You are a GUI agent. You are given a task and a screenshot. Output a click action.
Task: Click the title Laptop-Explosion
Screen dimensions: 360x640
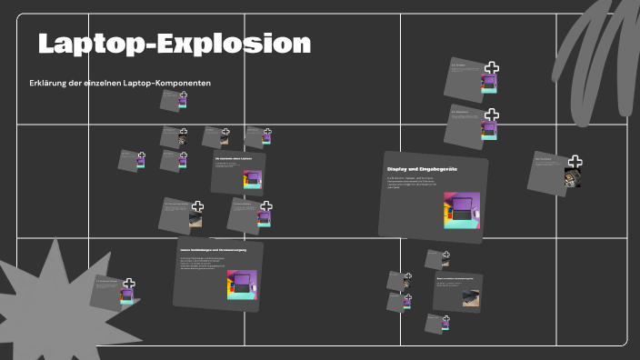click(x=174, y=44)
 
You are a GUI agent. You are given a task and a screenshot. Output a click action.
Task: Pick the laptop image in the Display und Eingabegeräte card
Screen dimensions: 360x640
click(x=461, y=211)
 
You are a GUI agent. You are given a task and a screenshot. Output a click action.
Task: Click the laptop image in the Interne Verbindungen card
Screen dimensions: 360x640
click(x=241, y=285)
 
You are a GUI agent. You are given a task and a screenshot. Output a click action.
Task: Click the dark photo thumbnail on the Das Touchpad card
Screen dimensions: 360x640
click(x=573, y=178)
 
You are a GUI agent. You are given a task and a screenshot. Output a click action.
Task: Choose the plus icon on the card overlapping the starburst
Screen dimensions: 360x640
click(x=129, y=285)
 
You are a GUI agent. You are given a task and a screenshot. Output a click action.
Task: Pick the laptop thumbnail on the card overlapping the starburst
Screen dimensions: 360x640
click(x=127, y=296)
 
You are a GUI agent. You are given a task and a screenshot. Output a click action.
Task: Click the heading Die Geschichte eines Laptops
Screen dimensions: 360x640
click(x=234, y=159)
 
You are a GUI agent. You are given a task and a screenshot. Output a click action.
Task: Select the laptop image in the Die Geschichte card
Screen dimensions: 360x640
click(x=252, y=179)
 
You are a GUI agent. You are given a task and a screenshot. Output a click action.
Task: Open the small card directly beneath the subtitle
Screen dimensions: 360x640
click(x=173, y=100)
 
